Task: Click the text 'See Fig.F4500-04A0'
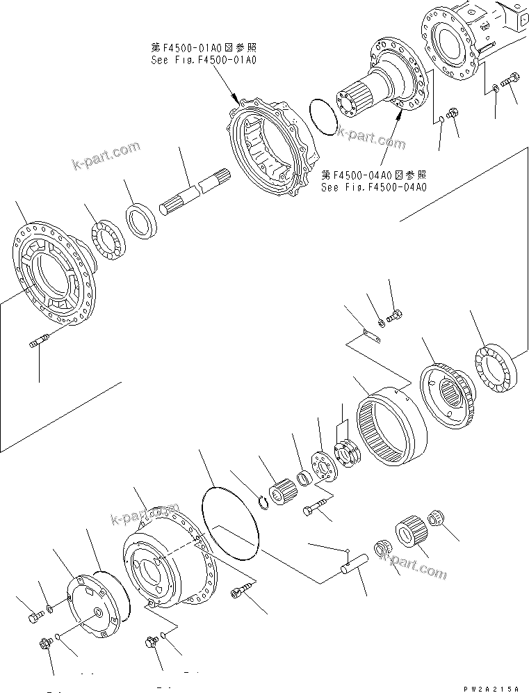pyautogui.click(x=373, y=187)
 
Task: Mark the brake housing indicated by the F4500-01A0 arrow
pyautogui.click(x=271, y=146)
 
